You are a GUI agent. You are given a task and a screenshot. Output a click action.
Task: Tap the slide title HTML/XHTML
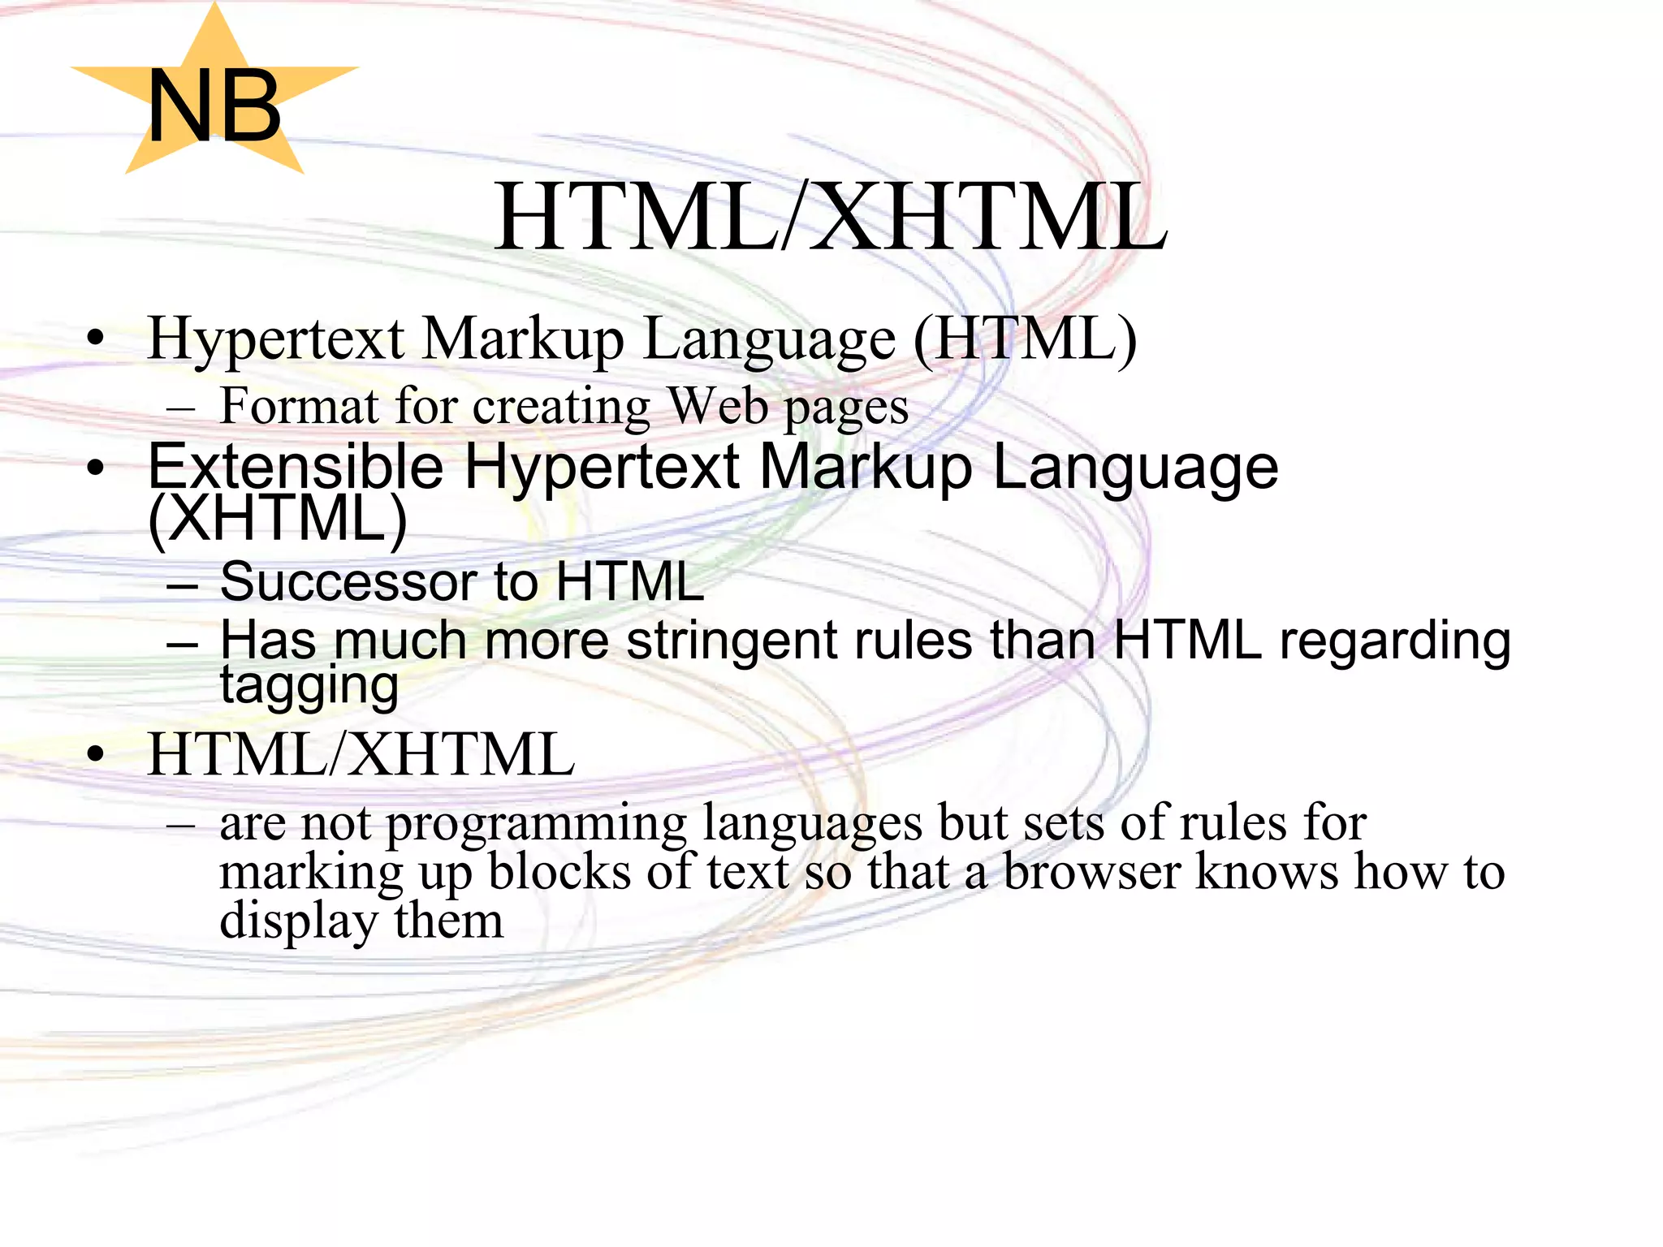(831, 218)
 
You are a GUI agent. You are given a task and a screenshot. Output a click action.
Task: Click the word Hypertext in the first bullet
(276, 339)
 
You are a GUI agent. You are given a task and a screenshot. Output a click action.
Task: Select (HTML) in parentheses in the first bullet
(1025, 339)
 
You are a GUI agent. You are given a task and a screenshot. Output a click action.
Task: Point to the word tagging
(309, 685)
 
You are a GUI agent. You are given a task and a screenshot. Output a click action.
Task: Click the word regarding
(1394, 641)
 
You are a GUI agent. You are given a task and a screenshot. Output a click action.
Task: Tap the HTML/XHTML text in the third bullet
(361, 755)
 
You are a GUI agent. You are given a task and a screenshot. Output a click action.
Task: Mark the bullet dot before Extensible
(97, 468)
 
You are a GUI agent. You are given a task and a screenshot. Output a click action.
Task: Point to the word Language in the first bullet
(769, 339)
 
